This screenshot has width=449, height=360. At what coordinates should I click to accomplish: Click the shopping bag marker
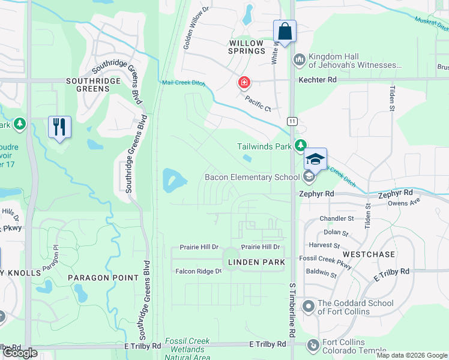point(285,32)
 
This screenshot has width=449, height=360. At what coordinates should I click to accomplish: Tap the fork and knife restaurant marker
point(59,127)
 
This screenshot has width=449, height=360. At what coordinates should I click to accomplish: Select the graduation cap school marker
point(315,160)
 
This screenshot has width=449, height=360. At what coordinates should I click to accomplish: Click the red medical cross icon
point(245,82)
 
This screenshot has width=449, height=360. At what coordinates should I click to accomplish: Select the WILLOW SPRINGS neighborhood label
point(247,47)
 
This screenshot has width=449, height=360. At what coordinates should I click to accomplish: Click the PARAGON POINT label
point(103,278)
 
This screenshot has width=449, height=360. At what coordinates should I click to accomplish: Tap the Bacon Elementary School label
point(252,177)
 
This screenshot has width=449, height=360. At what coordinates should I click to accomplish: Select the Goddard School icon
point(309,307)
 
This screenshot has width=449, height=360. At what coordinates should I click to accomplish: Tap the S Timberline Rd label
point(292,310)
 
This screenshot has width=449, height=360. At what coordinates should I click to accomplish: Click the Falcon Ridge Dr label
point(198,271)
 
